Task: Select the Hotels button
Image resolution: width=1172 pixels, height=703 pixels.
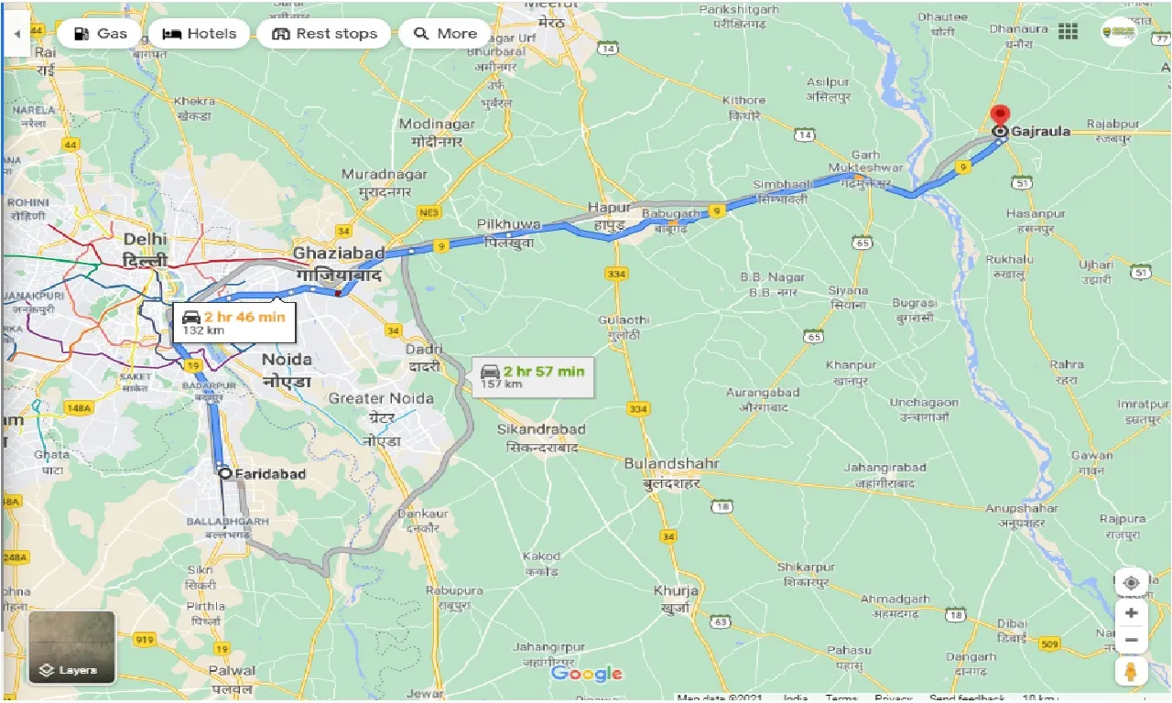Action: click(199, 34)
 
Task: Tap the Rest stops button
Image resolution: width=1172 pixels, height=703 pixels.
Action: click(324, 34)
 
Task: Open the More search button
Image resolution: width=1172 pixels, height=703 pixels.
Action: click(445, 34)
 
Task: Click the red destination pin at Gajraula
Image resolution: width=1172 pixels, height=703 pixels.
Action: click(1000, 116)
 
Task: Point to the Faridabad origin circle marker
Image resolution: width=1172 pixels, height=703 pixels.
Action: click(224, 473)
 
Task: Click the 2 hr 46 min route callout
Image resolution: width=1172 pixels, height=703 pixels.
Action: click(234, 322)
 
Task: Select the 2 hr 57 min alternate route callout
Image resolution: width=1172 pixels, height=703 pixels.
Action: click(533, 376)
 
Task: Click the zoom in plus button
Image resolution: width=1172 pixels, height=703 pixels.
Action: click(1132, 613)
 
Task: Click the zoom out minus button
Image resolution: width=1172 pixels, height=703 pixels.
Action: click(1132, 640)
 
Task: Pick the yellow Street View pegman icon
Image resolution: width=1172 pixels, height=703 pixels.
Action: click(1132, 672)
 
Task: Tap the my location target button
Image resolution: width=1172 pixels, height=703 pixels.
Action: click(1132, 583)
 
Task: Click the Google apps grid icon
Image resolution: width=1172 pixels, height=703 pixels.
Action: click(1068, 31)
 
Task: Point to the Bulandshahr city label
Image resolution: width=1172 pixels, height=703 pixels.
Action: click(671, 464)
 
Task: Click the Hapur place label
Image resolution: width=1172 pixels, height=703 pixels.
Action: click(610, 208)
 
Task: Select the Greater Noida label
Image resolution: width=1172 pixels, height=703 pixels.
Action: click(381, 398)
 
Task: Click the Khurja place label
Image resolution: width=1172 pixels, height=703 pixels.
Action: click(676, 590)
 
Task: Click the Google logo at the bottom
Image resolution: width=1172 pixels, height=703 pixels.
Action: click(587, 675)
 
